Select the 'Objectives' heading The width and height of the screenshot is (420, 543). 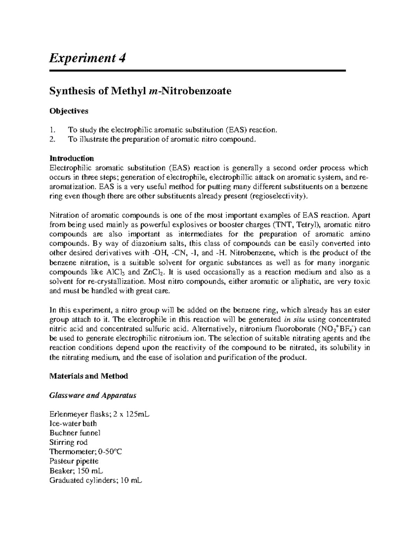69,111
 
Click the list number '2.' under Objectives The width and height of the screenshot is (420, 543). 52,139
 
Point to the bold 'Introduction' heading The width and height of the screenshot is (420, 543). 71,158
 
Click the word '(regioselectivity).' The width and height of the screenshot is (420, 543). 279,196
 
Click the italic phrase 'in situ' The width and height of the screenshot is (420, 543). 292,320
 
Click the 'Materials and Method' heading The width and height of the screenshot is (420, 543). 89,376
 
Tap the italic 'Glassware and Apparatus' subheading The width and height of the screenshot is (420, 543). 93,395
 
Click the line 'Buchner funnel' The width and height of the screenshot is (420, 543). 75,433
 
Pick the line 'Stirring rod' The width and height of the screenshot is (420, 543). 68,442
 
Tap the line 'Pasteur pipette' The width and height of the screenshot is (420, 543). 74,461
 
